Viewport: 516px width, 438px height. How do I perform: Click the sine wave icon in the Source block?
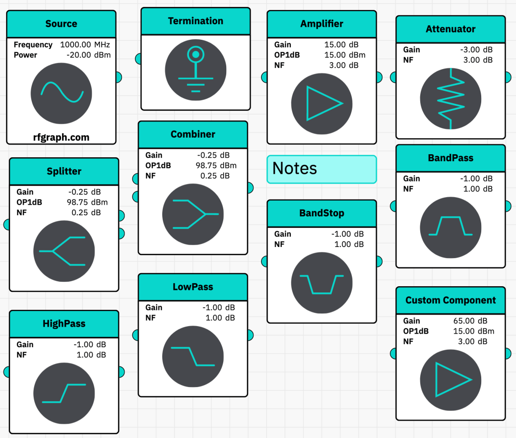61,94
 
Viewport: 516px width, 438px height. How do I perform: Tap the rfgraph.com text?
61,137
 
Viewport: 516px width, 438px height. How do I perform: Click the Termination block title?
196,21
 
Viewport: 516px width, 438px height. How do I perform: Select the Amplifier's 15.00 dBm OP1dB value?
345,55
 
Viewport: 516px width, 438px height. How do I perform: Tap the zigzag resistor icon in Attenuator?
450,98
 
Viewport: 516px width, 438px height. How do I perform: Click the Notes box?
321,169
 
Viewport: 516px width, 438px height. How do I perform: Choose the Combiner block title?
193,135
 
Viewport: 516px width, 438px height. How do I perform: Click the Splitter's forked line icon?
64,251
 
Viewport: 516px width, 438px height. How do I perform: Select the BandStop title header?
321,213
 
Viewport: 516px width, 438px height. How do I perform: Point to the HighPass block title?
64,324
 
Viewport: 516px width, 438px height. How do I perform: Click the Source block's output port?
118,77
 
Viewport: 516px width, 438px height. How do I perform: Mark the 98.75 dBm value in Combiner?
216,165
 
